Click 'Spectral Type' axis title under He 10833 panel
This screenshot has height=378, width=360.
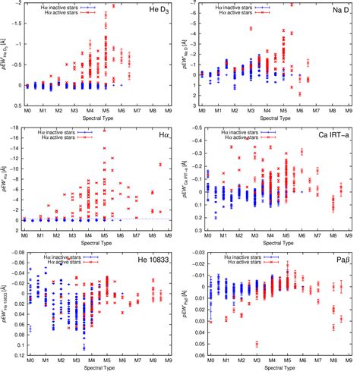99,371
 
